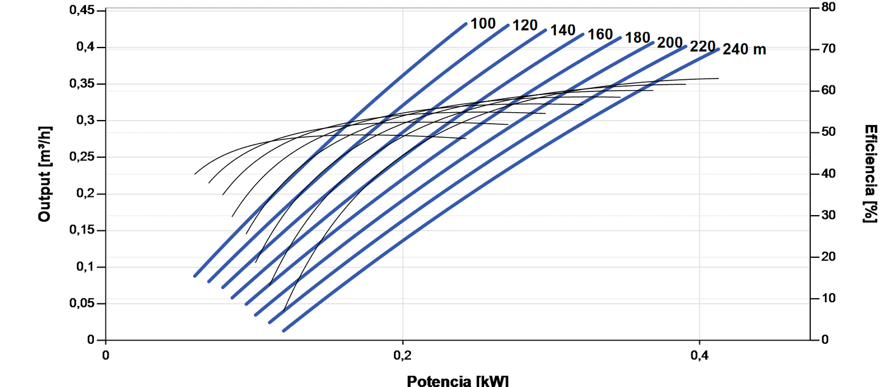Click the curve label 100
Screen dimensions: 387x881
click(483, 24)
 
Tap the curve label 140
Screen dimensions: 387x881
click(563, 30)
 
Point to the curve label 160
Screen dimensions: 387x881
click(600, 35)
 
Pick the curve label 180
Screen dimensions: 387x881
click(638, 38)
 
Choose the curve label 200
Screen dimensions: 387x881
click(669, 43)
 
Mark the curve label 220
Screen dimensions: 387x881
click(702, 46)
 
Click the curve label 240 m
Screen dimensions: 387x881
click(744, 50)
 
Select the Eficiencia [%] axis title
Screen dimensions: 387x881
click(871, 174)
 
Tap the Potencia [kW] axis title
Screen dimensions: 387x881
click(457, 381)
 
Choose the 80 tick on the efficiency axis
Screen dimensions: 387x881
click(829, 7)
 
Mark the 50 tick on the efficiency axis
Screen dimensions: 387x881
click(829, 132)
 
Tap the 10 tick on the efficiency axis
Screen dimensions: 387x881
click(829, 298)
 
